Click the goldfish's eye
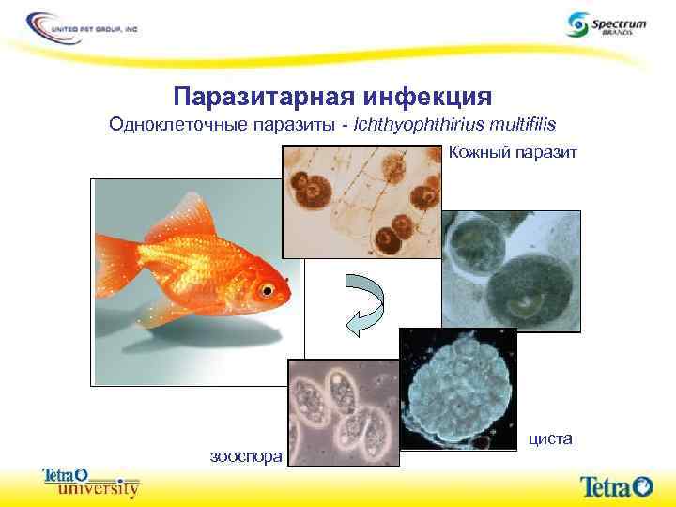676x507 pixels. tap(270, 287)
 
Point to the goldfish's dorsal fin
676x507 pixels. tap(178, 221)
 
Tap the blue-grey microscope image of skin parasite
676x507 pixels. tap(512, 272)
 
